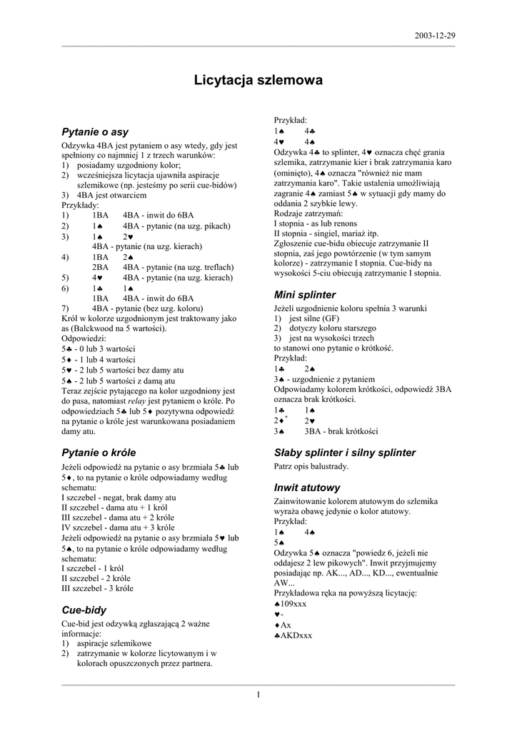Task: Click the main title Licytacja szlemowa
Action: click(258, 81)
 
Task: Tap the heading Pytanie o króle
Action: click(99, 453)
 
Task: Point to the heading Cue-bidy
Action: click(84, 610)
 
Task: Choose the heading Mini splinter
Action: click(305, 294)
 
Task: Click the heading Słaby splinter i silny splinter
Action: click(345, 453)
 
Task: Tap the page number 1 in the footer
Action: click(258, 695)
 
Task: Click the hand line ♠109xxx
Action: click(290, 604)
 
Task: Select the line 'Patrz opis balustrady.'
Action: click(311, 466)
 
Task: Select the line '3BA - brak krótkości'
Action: click(341, 431)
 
